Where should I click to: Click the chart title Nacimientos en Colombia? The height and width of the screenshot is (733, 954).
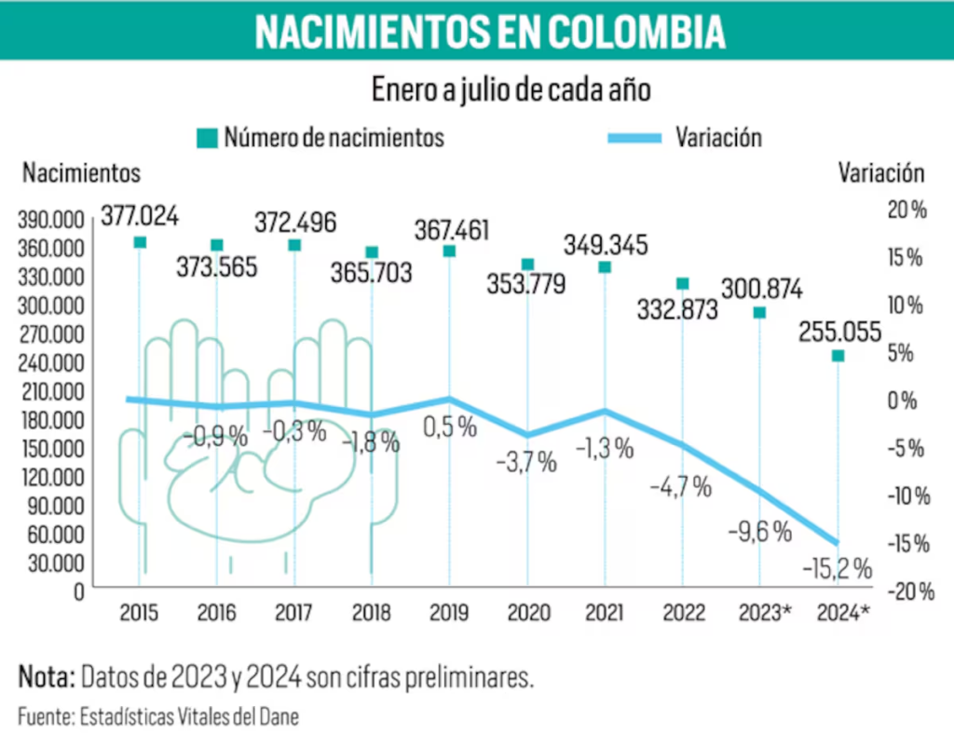489,31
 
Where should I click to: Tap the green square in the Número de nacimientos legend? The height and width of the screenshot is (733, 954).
205,139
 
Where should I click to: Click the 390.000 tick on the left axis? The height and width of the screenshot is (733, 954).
51,220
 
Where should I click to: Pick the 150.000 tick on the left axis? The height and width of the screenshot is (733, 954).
51,448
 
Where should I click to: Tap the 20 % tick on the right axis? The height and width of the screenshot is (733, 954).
906,210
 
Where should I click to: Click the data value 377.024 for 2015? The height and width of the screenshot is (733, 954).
140,217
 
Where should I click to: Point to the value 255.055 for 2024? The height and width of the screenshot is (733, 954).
838,331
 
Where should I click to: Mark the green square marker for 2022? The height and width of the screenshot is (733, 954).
683,283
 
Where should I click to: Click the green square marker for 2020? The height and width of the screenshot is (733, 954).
527,265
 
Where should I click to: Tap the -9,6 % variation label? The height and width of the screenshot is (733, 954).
759,532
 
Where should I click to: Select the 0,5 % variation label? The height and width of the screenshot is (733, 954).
451,428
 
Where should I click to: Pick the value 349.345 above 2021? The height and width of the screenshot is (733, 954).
606,246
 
